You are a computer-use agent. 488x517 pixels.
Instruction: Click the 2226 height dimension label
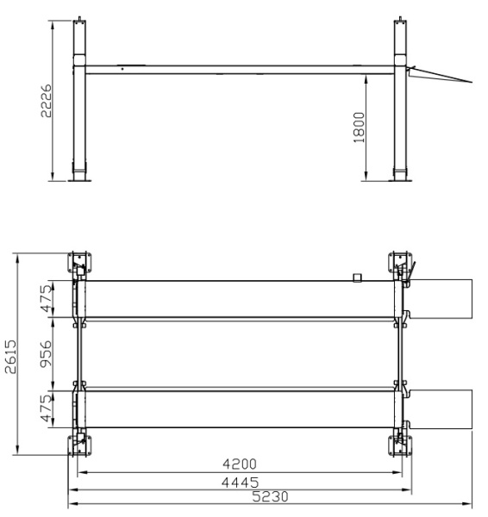47,101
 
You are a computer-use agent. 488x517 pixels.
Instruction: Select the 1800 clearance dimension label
360,128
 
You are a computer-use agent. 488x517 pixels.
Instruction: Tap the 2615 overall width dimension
10,357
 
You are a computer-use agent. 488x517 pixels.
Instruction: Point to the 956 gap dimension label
46,353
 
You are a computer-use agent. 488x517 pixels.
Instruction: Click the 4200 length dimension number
240,464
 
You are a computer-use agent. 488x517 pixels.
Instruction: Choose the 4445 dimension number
241,483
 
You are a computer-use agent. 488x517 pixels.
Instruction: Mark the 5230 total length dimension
270,496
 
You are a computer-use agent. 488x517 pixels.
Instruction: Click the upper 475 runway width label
47,299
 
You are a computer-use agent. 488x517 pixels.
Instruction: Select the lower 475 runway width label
47,408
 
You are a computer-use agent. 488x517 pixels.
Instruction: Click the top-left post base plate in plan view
79,263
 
